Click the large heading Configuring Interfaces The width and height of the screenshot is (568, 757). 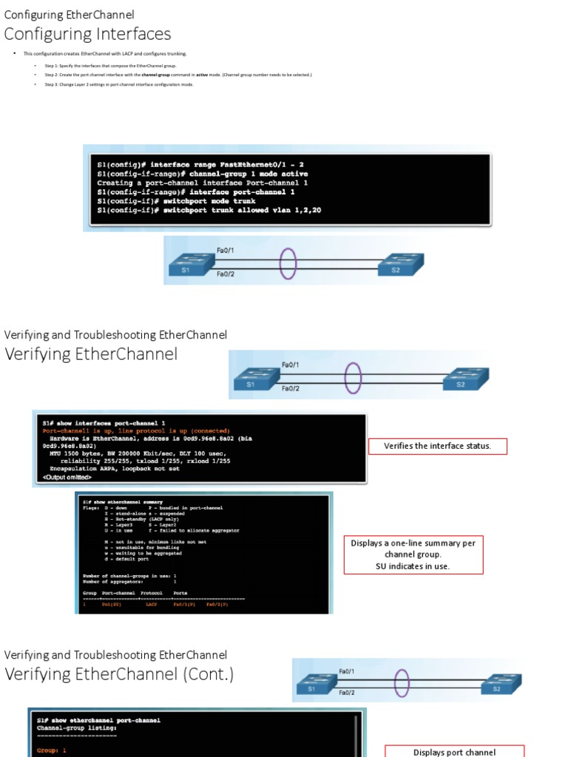pos(88,34)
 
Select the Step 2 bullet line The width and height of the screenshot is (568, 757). pos(177,75)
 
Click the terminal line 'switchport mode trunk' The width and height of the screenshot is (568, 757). pos(177,201)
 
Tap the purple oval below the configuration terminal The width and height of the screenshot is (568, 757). pos(288,263)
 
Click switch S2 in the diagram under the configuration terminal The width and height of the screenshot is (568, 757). pos(400,265)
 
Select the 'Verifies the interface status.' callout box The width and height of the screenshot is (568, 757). pos(437,446)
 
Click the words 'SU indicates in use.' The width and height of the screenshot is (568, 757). pos(413,566)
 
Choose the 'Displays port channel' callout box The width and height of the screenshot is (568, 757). pos(454,751)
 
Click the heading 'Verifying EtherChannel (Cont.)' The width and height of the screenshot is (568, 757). pos(119,674)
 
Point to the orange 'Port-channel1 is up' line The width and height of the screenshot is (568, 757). pos(136,430)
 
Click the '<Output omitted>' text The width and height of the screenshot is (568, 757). pos(67,478)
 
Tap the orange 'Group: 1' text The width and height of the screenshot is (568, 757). pos(52,750)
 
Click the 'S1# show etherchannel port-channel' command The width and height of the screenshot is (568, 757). pos(98,720)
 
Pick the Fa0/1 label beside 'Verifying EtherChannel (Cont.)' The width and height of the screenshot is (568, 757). pos(346,671)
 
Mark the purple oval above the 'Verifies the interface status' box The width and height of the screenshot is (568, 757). pos(354,378)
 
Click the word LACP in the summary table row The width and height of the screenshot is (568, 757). pos(152,605)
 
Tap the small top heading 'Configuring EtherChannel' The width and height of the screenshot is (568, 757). pos(70,15)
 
